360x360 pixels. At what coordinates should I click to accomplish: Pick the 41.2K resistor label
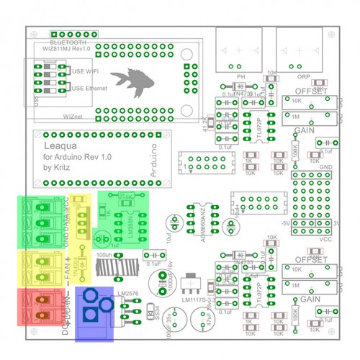coord(207,123)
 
